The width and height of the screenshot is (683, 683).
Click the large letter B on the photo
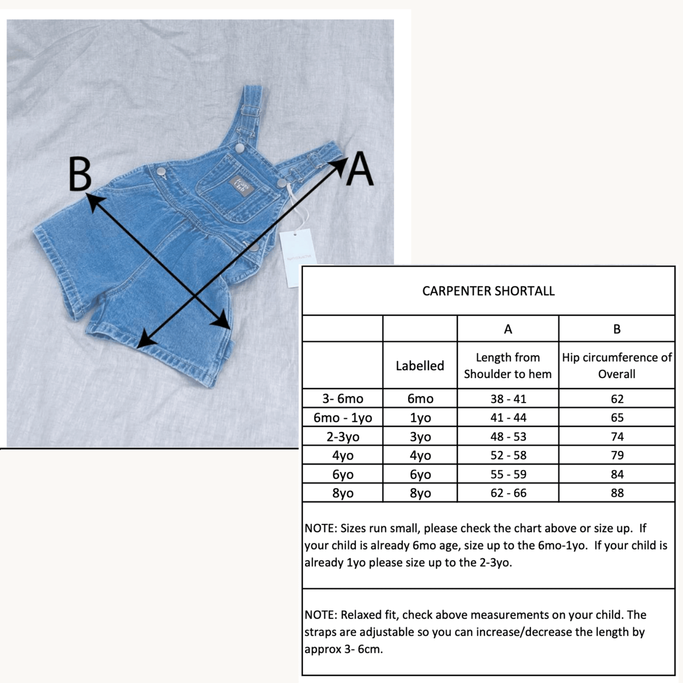click(x=79, y=174)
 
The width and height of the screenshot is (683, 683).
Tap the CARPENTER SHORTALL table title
click(x=488, y=291)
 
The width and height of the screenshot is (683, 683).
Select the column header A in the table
click(x=508, y=329)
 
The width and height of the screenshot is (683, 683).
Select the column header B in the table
click(x=617, y=329)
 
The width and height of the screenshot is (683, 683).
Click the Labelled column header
click(x=420, y=366)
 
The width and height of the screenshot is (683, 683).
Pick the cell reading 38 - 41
click(x=508, y=399)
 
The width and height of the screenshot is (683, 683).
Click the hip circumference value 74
click(x=617, y=437)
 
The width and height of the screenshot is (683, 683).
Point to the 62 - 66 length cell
click(x=508, y=493)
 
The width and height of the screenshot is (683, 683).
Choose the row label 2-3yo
click(x=343, y=437)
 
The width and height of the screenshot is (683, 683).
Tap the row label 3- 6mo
click(x=343, y=399)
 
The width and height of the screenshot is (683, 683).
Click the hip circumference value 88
click(x=617, y=493)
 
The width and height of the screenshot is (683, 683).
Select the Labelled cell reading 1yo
click(x=420, y=418)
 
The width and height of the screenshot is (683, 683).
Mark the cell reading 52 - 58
click(x=508, y=456)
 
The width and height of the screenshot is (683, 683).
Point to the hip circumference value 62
click(x=617, y=399)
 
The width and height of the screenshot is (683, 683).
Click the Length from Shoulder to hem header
click(x=508, y=366)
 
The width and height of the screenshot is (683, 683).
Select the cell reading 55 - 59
click(x=508, y=474)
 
